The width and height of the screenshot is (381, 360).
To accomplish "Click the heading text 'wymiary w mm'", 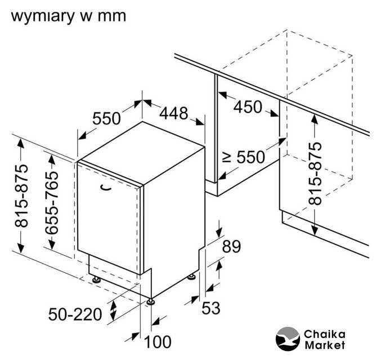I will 68,15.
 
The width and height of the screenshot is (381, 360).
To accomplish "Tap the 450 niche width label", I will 248,107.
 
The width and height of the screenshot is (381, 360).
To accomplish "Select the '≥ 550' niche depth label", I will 243,157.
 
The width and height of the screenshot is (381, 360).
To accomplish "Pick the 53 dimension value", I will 210,308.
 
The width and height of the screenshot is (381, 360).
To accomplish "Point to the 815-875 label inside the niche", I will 316,173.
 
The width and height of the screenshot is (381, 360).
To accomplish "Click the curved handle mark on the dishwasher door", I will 104,188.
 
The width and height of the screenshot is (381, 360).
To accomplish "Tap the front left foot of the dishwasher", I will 96,280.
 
